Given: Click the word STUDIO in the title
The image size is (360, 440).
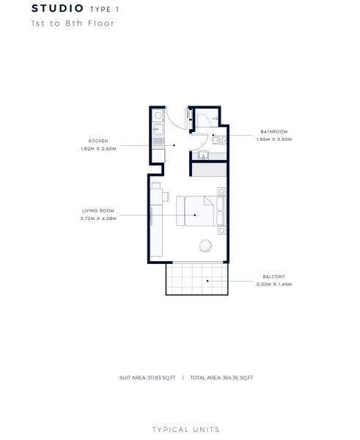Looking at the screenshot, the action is pos(57,8).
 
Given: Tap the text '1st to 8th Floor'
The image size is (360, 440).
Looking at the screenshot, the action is pos(73,23).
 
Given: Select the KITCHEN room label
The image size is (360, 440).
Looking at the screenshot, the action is pos(98,141).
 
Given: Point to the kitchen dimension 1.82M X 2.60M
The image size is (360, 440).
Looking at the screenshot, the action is pos(98,149).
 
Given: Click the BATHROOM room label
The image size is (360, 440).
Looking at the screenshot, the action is pos(274,131).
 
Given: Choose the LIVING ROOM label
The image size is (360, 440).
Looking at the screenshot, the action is pos(98,210).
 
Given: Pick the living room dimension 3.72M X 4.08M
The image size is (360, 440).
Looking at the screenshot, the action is pos(98,219).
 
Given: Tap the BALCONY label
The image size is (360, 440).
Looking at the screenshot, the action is pos(274,276).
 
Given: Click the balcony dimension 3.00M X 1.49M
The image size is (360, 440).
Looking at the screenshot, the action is pos(274,285).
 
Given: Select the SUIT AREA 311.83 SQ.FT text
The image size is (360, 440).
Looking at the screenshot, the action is pos(147,378).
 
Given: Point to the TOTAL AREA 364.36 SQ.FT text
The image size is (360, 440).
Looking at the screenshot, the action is pos(221,378).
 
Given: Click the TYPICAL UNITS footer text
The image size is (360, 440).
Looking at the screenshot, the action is pos(186,430).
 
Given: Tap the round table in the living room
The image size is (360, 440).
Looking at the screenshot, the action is pos(206,246).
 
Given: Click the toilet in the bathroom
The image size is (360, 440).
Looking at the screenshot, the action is pos(218,140).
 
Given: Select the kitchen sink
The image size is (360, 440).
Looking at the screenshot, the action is pos(158,130).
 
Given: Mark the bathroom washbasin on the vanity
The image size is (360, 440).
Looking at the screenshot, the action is pos(203,155).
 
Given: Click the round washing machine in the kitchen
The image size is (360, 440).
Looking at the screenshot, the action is pos(158,115).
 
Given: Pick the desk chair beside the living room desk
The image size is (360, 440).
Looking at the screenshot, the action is pos(166,197).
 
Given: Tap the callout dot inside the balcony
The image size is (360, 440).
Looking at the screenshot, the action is pos(207,281).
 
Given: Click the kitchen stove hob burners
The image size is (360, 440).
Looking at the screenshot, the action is pos(158,141).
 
